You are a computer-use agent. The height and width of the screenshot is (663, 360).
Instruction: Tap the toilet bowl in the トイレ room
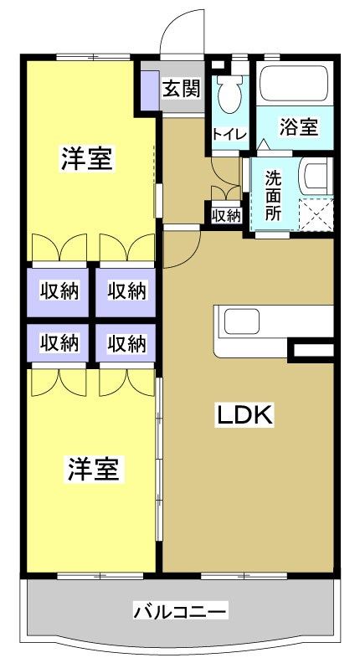[x=228, y=96]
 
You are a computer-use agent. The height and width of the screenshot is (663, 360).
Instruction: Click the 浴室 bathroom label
[x=299, y=128]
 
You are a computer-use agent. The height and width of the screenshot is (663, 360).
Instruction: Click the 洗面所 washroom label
[x=273, y=194]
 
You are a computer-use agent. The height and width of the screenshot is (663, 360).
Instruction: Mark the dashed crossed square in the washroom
[x=315, y=213]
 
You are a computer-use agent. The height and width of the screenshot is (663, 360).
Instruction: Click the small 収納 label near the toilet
[x=226, y=215]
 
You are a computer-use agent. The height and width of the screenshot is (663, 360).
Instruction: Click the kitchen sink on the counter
[x=240, y=321]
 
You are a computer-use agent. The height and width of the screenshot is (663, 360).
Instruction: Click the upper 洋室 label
[x=87, y=158]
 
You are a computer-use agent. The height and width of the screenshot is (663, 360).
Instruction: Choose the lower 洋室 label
[x=93, y=470]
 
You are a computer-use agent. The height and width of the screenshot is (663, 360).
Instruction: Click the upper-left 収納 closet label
[x=59, y=290]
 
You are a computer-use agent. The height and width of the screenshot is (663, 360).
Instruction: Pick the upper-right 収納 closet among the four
[x=126, y=290]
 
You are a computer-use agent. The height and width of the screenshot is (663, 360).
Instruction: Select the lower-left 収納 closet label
[x=59, y=342]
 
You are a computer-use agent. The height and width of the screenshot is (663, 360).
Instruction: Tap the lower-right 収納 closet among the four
[x=126, y=342]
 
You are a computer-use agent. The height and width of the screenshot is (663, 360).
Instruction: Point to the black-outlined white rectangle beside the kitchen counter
[x=311, y=351]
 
